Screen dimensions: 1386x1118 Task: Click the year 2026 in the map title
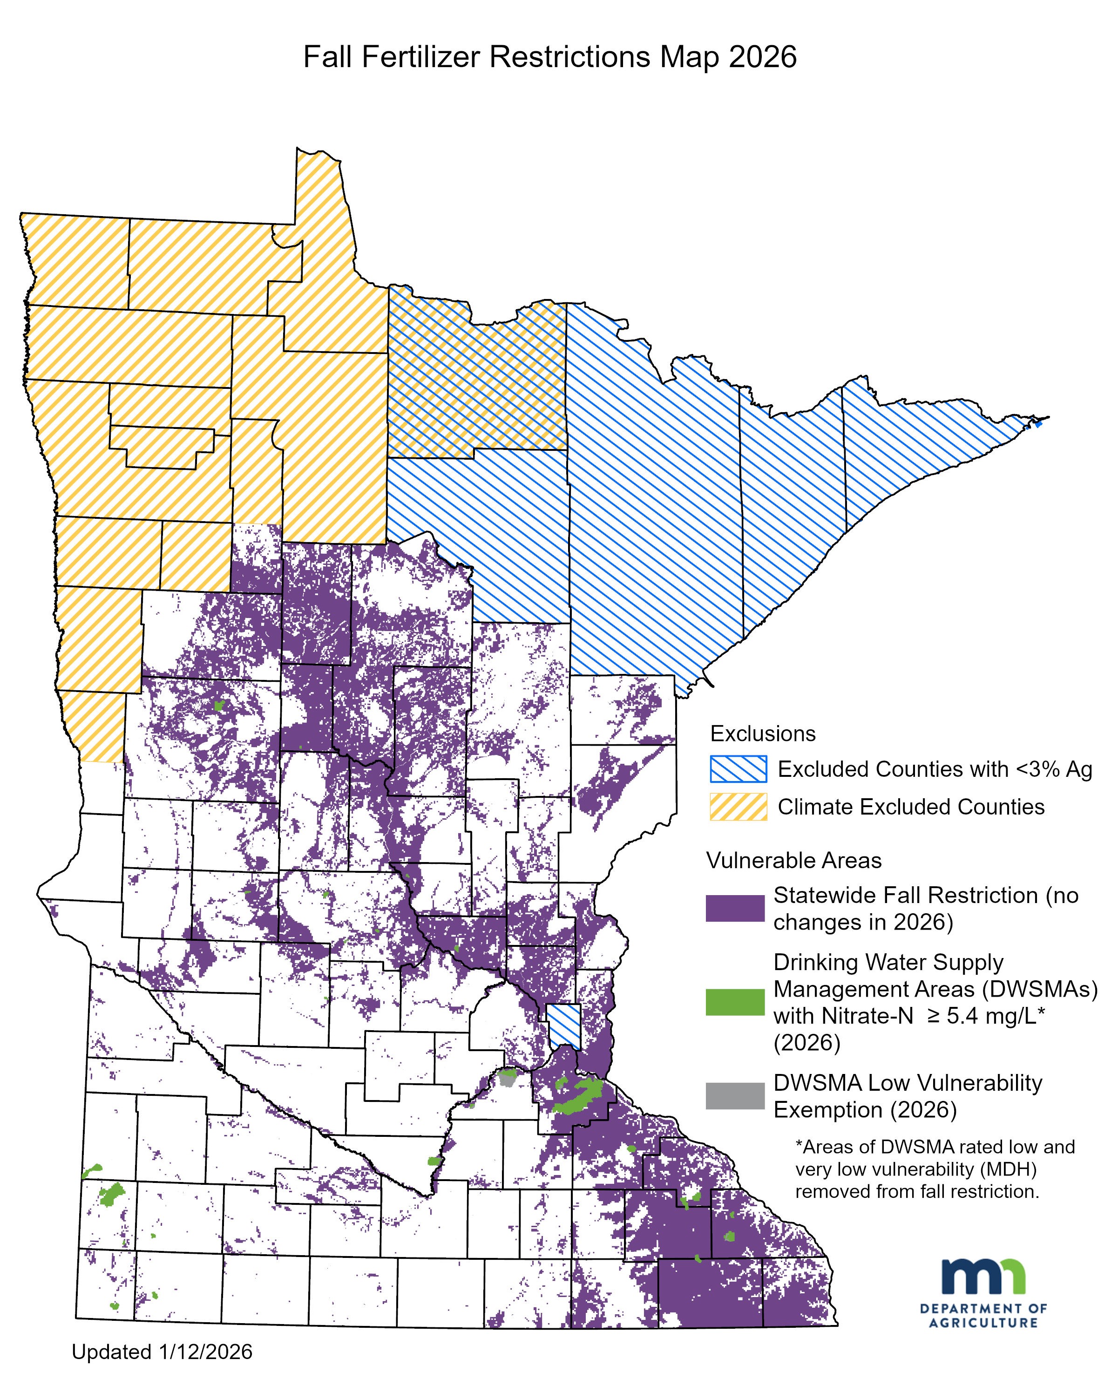(x=763, y=57)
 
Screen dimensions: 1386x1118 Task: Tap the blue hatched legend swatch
(x=738, y=768)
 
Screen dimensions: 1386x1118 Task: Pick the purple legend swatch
(x=735, y=908)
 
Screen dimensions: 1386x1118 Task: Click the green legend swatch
(x=735, y=1002)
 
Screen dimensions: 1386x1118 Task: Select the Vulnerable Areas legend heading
(x=793, y=861)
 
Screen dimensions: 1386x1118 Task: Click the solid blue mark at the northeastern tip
(x=1037, y=423)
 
